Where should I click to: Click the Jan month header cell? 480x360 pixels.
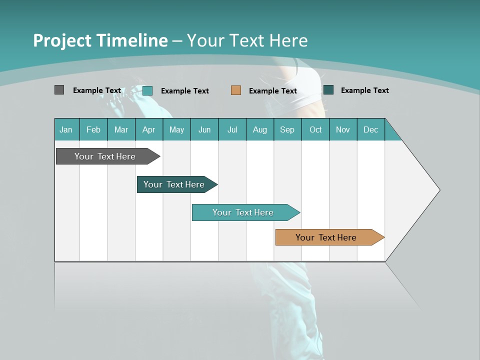click(x=66, y=129)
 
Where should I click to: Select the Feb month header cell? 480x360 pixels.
click(x=93, y=129)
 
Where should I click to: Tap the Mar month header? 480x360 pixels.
click(x=121, y=129)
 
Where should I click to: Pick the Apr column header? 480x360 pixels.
click(x=149, y=129)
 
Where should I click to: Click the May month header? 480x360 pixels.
click(x=176, y=129)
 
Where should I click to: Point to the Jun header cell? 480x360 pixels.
click(x=204, y=129)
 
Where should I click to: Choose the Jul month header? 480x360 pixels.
click(x=232, y=129)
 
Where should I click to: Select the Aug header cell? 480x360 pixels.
click(x=260, y=129)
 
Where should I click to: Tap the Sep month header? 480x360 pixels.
click(x=287, y=129)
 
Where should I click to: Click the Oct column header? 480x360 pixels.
click(x=315, y=129)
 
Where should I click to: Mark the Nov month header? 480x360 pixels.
click(x=343, y=129)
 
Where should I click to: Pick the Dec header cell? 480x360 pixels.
click(x=371, y=129)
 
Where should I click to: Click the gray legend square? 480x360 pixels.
click(x=59, y=90)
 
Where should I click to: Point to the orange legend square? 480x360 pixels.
click(x=236, y=90)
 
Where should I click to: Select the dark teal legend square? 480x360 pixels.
click(x=328, y=90)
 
